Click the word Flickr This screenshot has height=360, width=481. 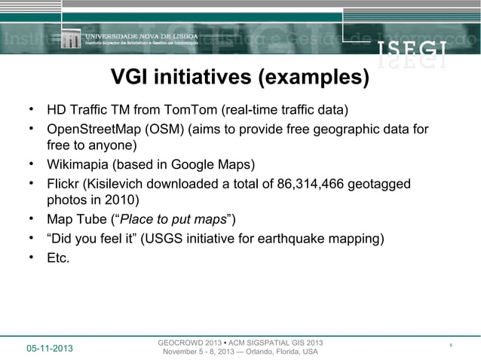63,184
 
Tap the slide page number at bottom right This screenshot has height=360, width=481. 449,346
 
